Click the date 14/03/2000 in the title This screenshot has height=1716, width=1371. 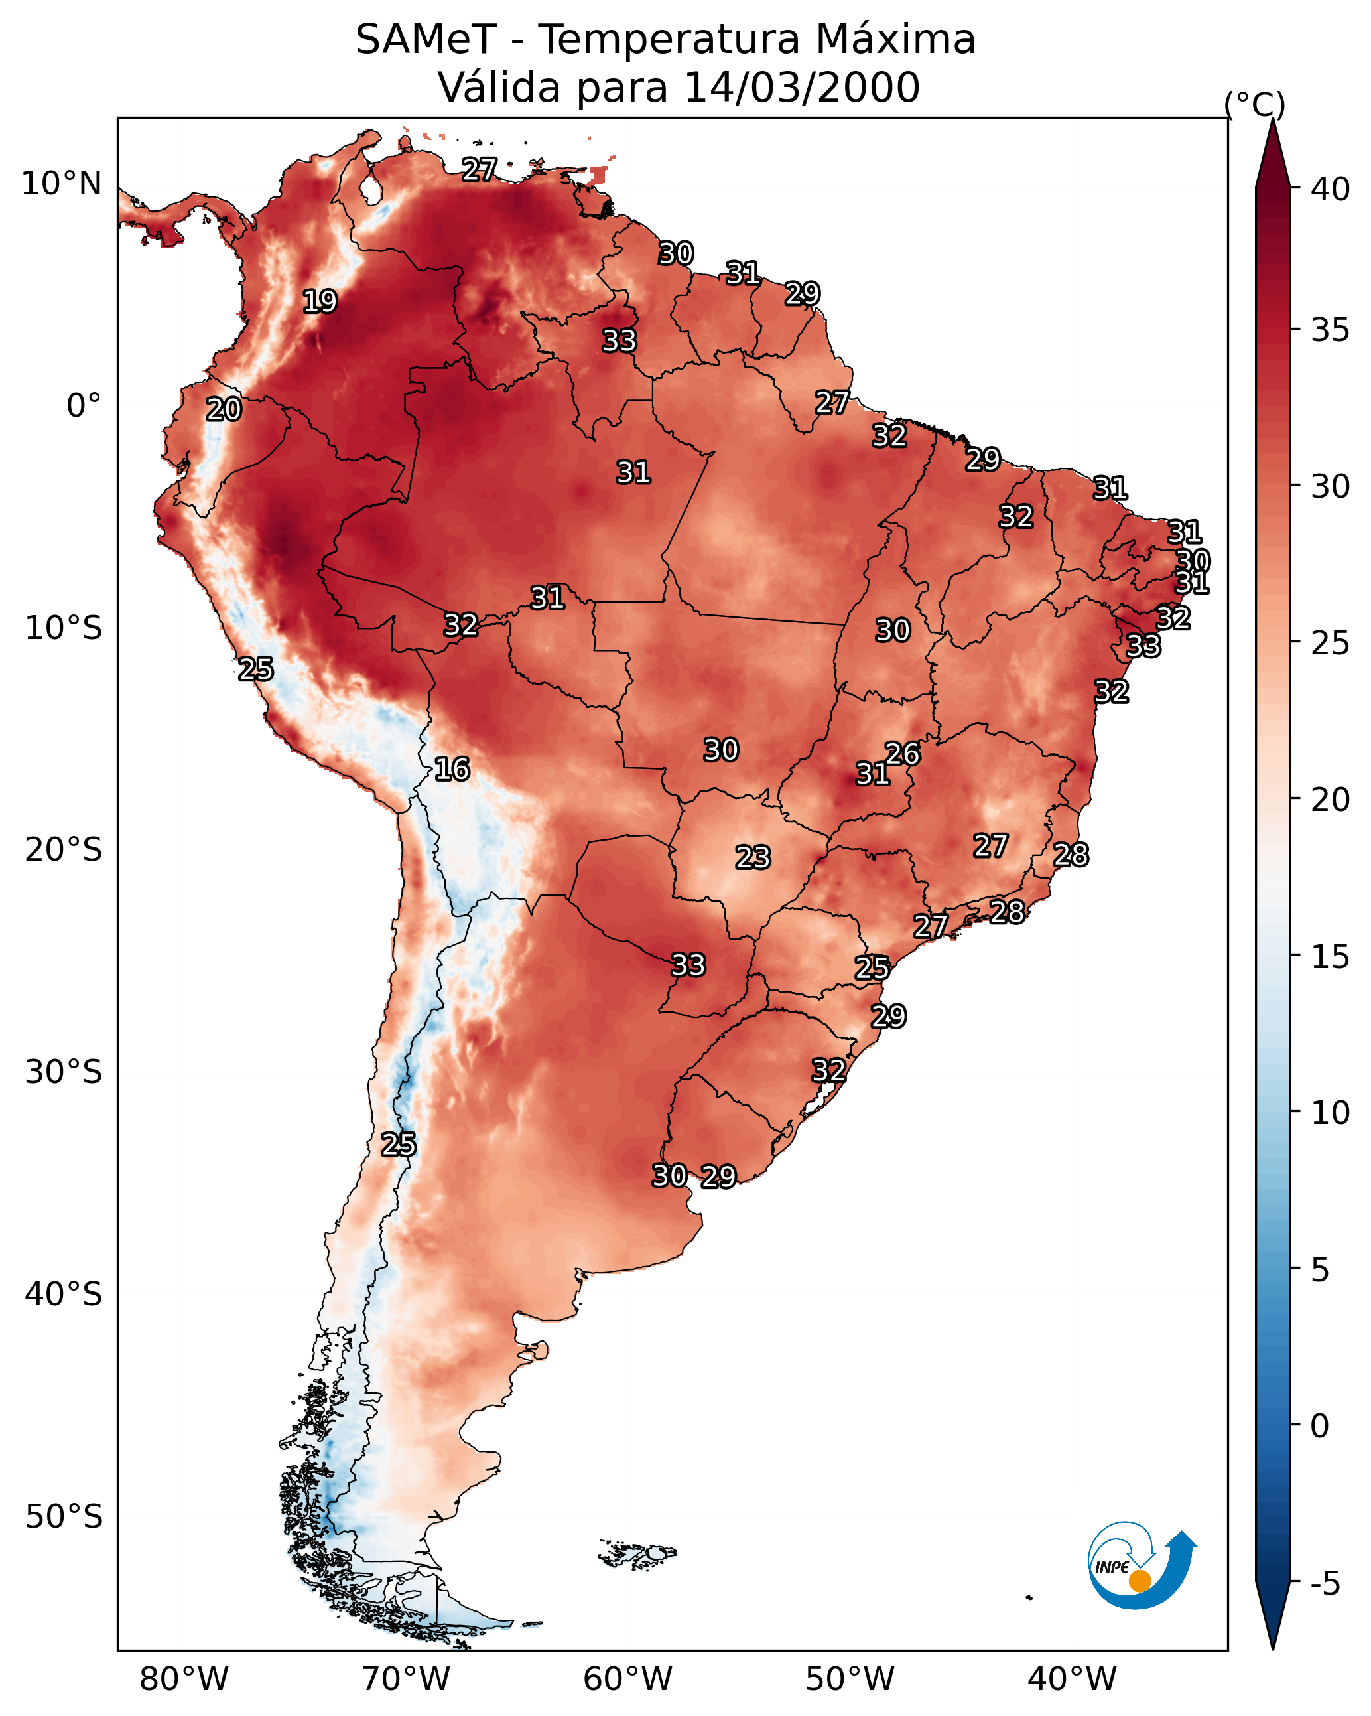[801, 88]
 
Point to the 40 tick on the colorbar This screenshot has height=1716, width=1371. [1331, 189]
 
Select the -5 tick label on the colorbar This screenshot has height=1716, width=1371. [1324, 1583]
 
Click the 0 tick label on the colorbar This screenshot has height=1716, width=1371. [1319, 1426]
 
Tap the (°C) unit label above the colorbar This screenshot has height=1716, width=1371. [1254, 104]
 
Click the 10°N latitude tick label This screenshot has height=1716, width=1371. [61, 184]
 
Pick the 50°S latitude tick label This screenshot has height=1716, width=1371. [64, 1517]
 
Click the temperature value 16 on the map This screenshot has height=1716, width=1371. [451, 770]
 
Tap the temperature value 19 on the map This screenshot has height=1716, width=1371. [320, 302]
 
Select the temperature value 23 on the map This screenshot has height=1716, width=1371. [753, 858]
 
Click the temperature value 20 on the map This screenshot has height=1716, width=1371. [224, 410]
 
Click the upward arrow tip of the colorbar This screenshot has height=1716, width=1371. [1272, 119]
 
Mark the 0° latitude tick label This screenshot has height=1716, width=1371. [84, 406]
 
